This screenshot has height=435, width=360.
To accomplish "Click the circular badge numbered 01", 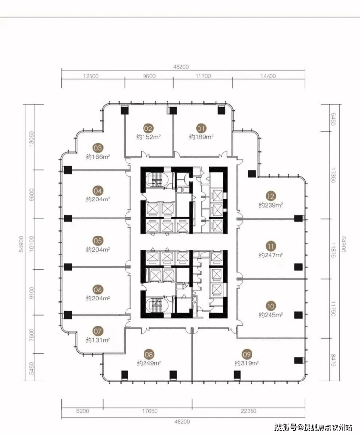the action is point(201,128).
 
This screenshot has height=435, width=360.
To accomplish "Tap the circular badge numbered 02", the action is point(148,128).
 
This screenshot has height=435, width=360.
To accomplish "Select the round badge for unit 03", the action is point(98,148).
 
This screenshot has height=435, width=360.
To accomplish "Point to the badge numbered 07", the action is point(98,331).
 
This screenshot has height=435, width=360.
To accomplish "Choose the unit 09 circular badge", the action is point(247,355).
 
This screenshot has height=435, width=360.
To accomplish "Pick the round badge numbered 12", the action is point(270,197).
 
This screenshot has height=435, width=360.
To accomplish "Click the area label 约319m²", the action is point(247,363).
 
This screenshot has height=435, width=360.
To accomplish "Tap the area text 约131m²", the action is point(98,340).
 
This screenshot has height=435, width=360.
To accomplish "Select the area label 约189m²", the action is point(201,137).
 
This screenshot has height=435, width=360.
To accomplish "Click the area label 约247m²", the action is point(271,255).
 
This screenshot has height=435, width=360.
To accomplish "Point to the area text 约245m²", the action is point(271,315).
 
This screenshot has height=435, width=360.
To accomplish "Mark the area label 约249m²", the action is point(149,363).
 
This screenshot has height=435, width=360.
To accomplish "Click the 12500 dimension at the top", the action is point(90,76).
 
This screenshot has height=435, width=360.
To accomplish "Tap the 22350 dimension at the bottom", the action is point(249,411).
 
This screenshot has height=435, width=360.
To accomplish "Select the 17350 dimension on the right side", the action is point(333,175).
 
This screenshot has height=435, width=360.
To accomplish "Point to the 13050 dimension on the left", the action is point(31,139).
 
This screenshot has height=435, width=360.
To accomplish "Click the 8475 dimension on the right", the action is point(333,360).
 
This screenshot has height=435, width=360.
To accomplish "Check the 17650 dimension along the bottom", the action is point(150,411).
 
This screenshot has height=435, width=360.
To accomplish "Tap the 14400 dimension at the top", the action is point(268,76).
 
